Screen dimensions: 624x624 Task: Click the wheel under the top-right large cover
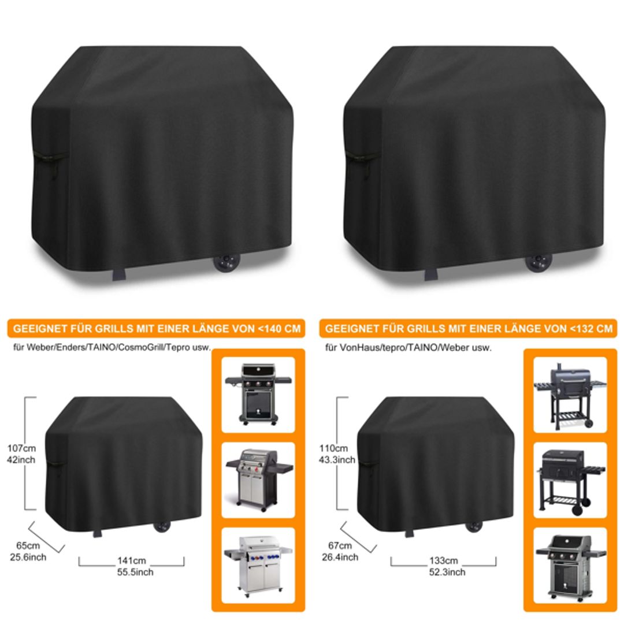[x=538, y=262]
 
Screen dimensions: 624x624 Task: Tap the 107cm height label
[x=22, y=448]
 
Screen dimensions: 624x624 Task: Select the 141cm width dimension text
[x=131, y=560]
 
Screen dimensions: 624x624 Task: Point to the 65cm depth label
[x=28, y=546]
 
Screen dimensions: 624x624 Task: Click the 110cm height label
[x=333, y=448]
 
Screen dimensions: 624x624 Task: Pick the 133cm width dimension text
[x=444, y=560]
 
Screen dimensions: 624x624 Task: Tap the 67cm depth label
[x=340, y=546]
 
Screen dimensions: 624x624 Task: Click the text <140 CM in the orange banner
[x=280, y=329]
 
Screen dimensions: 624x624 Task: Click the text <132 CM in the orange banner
[x=591, y=329]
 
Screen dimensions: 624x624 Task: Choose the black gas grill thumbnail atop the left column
[x=258, y=394]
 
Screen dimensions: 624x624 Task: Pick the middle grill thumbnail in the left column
[x=258, y=480]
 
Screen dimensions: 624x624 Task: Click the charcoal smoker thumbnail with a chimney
[x=570, y=394]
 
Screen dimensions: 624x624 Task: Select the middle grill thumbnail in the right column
[x=570, y=480]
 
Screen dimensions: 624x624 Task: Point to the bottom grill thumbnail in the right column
[x=570, y=564]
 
